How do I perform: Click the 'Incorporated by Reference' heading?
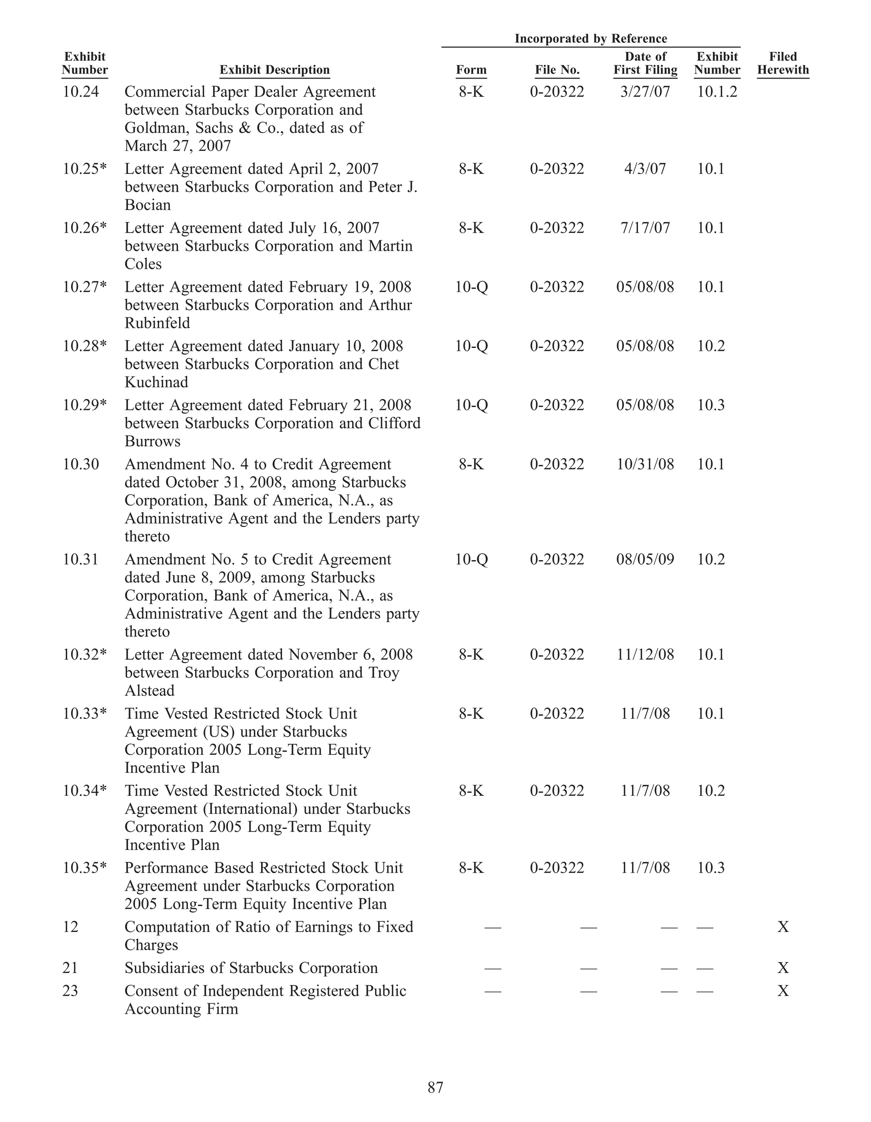pos(591,39)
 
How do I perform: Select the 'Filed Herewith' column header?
pos(783,63)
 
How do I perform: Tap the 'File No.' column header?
pos(557,70)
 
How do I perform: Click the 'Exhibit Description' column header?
pos(274,70)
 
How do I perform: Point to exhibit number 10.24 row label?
pos(81,91)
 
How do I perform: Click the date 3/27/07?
pos(645,91)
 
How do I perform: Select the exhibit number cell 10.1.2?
pos(717,91)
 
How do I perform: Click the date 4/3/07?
pos(645,168)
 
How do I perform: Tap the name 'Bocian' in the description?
pos(148,205)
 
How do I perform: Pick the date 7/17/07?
pos(645,228)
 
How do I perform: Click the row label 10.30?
pos(81,464)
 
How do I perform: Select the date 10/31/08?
pos(645,464)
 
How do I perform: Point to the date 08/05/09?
pos(645,559)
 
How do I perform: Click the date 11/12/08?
pos(645,654)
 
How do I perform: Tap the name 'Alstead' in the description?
pos(149,690)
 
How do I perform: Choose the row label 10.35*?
pos(85,868)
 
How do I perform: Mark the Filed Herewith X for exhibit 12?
pos(783,927)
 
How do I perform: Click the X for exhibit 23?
pos(783,991)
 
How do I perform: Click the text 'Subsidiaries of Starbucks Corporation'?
pos(251,968)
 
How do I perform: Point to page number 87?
pos(435,1088)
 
